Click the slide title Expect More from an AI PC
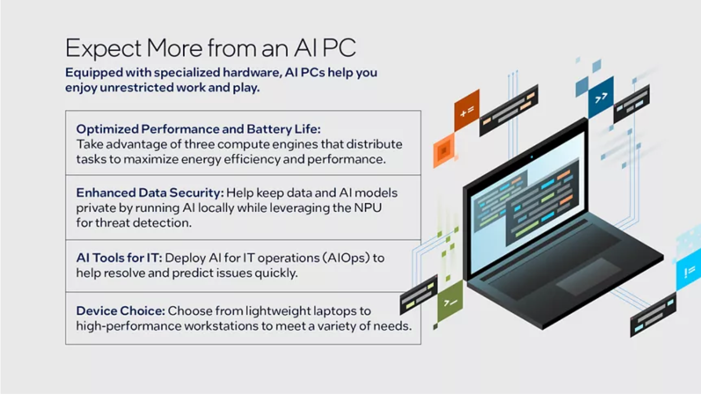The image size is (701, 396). [x=210, y=49]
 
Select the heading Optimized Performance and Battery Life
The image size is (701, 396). [x=198, y=129]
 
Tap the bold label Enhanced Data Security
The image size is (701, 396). [x=150, y=193]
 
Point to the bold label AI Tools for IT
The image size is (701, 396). [x=118, y=258]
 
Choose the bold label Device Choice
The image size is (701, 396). [x=120, y=311]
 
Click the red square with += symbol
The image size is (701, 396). [x=467, y=111]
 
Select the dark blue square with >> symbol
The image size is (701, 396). [x=601, y=98]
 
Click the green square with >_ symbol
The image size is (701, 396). [x=450, y=301]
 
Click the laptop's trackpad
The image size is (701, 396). [x=588, y=276]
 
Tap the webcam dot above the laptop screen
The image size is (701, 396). [x=531, y=157]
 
